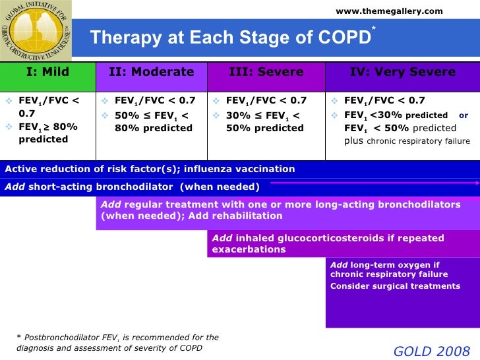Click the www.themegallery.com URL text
click(389, 11)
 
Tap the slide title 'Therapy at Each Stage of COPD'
click(230, 38)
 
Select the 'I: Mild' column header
click(47, 72)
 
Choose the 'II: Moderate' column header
click(152, 72)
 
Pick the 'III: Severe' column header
click(266, 72)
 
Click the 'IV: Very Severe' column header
click(402, 72)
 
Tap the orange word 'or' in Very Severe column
click(464, 115)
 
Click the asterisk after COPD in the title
click(374, 28)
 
